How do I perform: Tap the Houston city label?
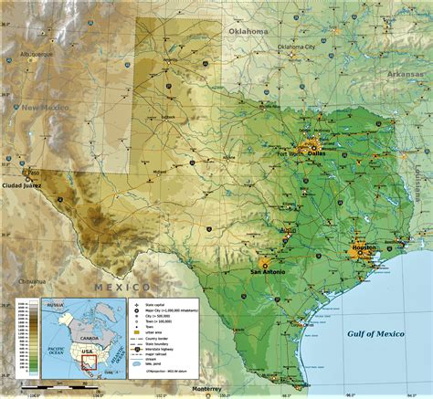(364, 248)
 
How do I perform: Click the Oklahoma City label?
(297, 46)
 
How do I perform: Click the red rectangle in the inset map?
(89, 362)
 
